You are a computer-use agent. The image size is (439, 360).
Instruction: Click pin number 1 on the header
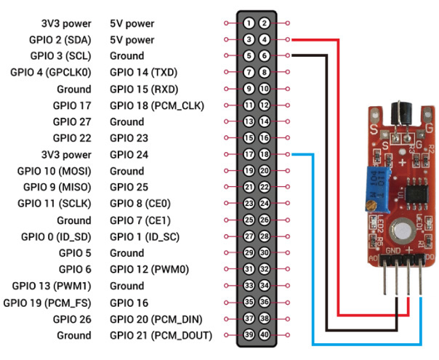[249, 23]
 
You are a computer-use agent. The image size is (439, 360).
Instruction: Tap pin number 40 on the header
[265, 335]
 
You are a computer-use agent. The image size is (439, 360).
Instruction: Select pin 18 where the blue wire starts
[265, 154]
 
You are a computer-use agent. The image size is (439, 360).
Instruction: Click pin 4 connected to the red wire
[265, 39]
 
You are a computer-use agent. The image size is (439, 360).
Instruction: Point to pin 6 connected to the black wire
[265, 56]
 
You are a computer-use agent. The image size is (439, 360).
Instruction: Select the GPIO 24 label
[129, 155]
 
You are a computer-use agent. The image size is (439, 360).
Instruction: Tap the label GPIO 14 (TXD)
[144, 72]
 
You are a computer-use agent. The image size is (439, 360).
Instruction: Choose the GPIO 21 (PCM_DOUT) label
[161, 335]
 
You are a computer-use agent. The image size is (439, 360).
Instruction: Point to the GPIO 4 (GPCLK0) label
[51, 72]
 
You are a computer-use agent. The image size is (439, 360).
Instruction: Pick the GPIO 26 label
[72, 319]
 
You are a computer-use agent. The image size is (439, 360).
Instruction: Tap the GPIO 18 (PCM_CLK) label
[157, 105]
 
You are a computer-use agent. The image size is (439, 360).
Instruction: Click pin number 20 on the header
[265, 171]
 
